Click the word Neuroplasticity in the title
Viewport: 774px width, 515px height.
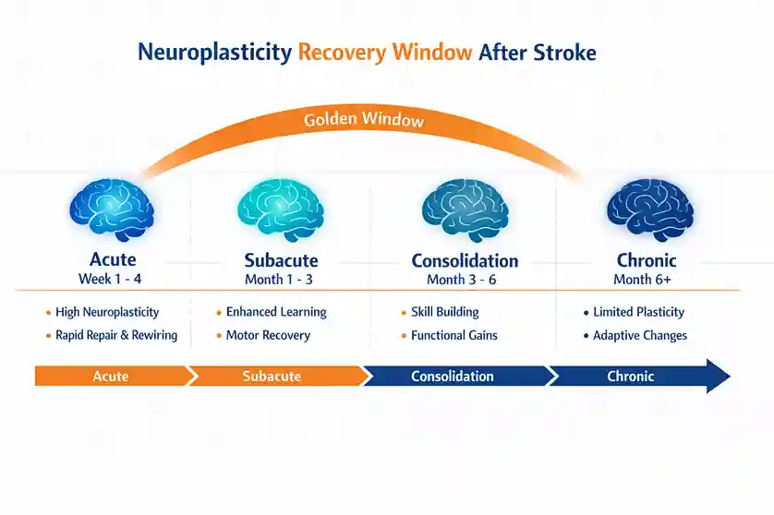[214, 52]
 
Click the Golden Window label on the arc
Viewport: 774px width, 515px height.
[364, 120]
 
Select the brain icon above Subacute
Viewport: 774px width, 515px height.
[280, 210]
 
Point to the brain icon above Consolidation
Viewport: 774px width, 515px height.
[465, 210]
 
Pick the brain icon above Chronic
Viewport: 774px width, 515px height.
[649, 210]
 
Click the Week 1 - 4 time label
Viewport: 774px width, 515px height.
[111, 279]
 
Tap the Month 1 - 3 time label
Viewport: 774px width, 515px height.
[280, 279]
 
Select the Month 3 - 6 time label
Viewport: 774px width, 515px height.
[465, 279]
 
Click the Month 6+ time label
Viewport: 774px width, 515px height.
[646, 279]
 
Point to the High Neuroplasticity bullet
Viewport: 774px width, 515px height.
[107, 312]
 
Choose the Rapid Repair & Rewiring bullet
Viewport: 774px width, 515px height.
[115, 335]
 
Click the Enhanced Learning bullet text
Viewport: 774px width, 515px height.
[276, 312]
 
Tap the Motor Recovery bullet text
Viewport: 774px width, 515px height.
[268, 335]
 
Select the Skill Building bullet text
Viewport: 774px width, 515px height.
[445, 312]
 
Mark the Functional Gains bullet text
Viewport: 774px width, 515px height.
[454, 335]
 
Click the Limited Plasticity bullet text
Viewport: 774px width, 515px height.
[638, 312]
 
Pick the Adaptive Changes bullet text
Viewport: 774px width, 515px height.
[640, 335]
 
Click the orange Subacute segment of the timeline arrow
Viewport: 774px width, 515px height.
[272, 376]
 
